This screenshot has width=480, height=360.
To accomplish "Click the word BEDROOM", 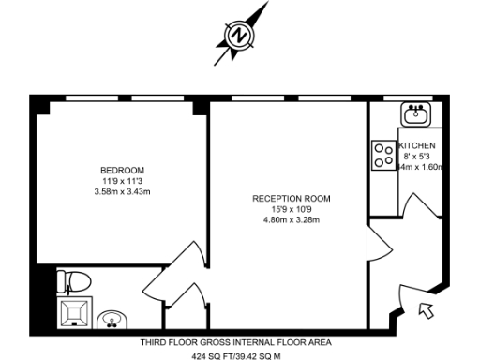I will pos(117,170).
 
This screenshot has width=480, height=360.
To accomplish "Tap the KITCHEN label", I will pos(417,147).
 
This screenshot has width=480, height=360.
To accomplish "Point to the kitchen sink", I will pos(415,115).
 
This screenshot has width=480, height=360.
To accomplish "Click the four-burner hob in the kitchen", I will pos(384,155).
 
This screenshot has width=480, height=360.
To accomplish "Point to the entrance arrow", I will pos(426,308).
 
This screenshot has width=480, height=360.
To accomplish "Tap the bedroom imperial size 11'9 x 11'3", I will pos(117,181).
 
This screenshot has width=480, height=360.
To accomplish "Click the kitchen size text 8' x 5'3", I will pos(417,157).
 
